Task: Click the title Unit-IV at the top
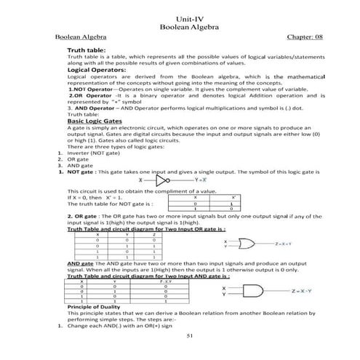point(180,17)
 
